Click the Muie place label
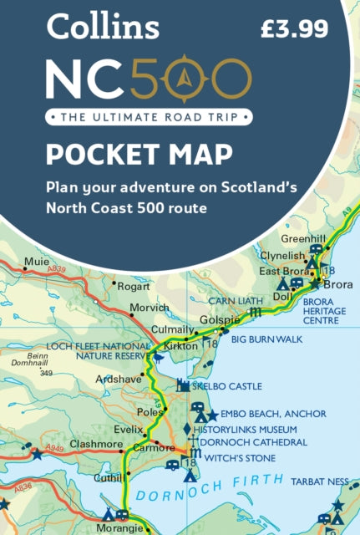coord(36,261)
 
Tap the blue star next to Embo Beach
coord(212,415)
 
